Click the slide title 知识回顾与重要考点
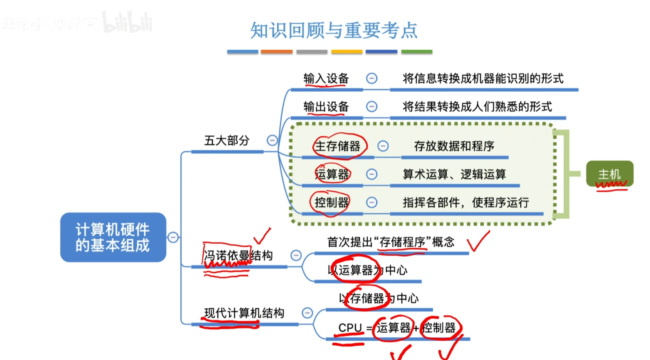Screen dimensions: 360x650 (x=334, y=30)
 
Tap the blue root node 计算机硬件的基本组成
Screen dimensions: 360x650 (x=113, y=237)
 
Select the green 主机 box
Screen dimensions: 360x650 (x=609, y=174)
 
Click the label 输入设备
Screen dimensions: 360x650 (x=326, y=78)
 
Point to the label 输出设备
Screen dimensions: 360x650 (x=326, y=107)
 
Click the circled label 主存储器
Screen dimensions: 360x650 (x=338, y=146)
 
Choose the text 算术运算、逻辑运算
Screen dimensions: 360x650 (x=454, y=174)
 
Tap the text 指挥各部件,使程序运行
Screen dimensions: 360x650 (x=466, y=203)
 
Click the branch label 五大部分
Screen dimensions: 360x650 (x=227, y=140)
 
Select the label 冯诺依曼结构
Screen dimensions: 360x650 (x=238, y=256)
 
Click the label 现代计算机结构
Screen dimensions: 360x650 (x=244, y=313)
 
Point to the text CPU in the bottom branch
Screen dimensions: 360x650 (x=350, y=328)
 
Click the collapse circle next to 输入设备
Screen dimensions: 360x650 (x=371, y=78)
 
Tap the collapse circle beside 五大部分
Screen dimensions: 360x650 (x=272, y=140)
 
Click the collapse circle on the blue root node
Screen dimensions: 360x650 (x=173, y=237)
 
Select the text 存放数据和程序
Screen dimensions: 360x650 (x=454, y=146)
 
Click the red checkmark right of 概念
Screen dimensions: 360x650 (x=478, y=241)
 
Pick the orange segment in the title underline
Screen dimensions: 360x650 (x=276, y=52)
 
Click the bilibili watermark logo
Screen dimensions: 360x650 (x=127, y=23)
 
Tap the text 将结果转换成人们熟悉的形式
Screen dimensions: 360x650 (x=477, y=107)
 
